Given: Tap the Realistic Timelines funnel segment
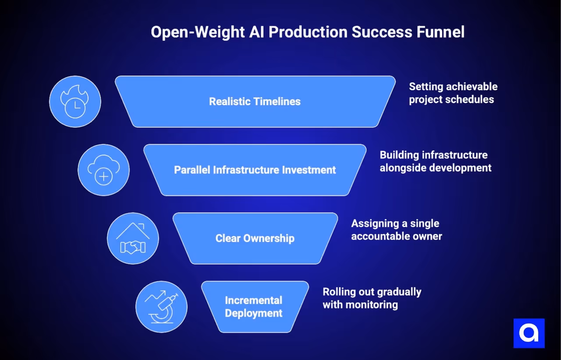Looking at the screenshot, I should tap(255, 102).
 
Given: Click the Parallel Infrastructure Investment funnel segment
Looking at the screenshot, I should tap(255, 170).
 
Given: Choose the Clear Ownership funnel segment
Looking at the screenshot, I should tap(255, 238).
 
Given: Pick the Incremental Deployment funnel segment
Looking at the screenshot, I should tap(254, 307).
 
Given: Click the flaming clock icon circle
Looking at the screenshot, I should tap(75, 102).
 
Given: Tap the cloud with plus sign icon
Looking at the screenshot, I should tap(103, 170).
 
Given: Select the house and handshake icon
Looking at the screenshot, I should tap(133, 238).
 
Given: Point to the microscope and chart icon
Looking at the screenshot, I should tap(161, 307).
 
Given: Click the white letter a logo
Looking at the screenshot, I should tap(529, 333).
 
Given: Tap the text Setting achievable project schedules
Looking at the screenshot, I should tap(453, 93).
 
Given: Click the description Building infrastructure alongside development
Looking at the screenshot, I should tap(435, 161).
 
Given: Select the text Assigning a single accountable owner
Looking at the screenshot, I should tap(396, 229).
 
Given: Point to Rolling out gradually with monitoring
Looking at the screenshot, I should tap(372, 298).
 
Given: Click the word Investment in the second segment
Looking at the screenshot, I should tap(309, 170).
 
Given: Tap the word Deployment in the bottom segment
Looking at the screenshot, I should tap(254, 314).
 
